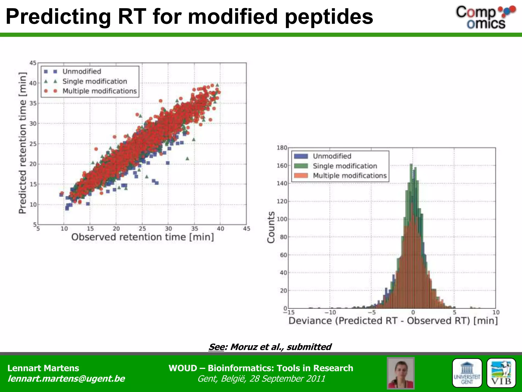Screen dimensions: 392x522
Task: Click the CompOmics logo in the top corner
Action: (x=485, y=17)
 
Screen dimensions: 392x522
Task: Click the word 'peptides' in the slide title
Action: (x=329, y=17)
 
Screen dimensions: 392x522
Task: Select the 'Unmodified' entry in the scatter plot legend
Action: (x=82, y=71)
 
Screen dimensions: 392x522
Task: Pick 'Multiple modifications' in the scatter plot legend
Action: (x=99, y=91)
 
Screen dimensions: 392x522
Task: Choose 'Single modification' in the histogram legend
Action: (x=345, y=166)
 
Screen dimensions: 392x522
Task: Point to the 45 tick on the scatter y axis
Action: (x=33, y=63)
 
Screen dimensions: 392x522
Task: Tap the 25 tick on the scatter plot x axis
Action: (x=142, y=228)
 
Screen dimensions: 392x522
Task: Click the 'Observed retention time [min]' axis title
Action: (x=142, y=237)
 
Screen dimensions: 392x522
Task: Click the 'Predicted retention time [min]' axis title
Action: (x=23, y=143)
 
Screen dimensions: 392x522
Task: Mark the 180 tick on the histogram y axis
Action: (x=282, y=148)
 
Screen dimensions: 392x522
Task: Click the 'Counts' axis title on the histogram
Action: (x=271, y=227)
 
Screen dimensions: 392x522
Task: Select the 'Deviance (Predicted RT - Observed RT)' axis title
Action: (x=393, y=321)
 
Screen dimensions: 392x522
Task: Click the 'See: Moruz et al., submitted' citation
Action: (x=270, y=347)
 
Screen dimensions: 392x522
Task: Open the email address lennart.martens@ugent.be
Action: (x=66, y=378)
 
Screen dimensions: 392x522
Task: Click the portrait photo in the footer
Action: (x=400, y=373)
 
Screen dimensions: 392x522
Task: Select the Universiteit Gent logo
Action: (x=467, y=373)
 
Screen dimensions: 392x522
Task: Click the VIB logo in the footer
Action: (x=501, y=373)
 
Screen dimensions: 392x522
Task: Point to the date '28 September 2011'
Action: (x=287, y=379)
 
